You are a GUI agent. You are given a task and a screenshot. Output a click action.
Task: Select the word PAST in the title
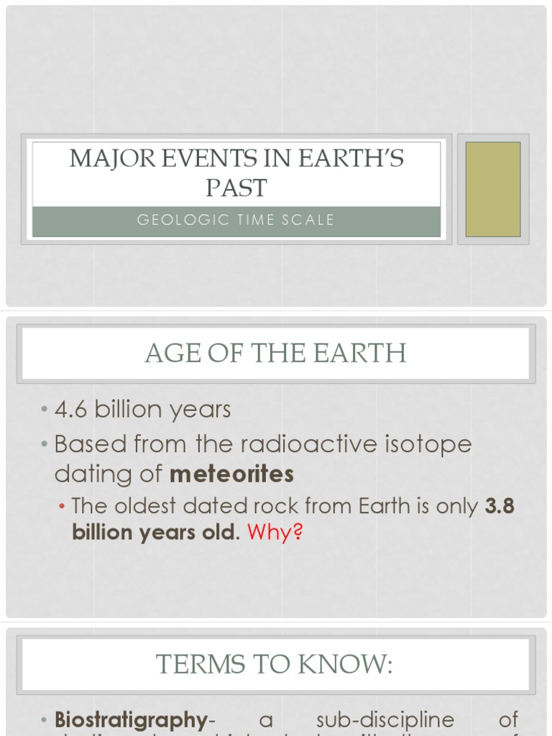[x=236, y=188]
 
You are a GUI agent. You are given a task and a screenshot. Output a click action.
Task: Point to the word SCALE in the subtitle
[x=310, y=220]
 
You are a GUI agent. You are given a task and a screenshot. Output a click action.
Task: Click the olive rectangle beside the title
[x=493, y=189]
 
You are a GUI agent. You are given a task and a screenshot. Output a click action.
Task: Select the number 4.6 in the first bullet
[x=72, y=410]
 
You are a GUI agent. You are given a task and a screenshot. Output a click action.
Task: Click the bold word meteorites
[x=232, y=474]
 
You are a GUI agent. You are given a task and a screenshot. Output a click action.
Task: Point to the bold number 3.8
[x=500, y=506]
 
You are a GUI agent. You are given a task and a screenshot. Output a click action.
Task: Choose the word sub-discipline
[x=385, y=720]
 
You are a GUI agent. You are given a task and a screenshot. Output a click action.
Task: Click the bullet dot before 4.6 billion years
[x=45, y=410]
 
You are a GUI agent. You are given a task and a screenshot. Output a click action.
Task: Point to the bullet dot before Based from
[x=45, y=445]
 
